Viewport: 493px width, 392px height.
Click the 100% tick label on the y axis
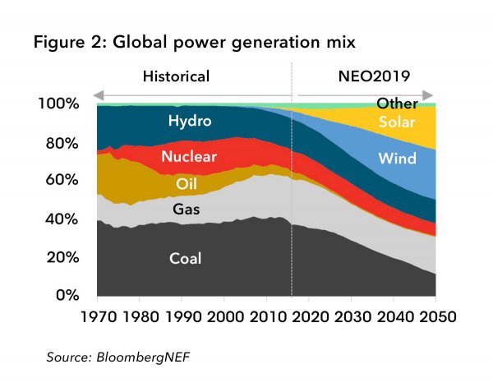coord(58,104)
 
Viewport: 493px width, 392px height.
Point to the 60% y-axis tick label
coord(62,180)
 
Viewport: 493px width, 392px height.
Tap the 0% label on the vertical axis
coord(67,295)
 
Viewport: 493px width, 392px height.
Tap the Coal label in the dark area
coord(185,259)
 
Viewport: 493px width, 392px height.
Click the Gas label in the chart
coord(187,210)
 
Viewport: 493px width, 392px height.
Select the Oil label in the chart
coord(188,183)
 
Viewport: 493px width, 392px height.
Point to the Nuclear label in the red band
coord(189,156)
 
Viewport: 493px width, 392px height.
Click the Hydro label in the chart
coord(190,122)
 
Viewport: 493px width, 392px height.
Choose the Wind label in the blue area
coord(398,158)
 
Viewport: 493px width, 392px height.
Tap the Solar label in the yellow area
coord(397,122)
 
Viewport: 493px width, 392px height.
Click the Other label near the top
coord(397,104)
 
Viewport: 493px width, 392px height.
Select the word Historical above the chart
coord(176,76)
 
